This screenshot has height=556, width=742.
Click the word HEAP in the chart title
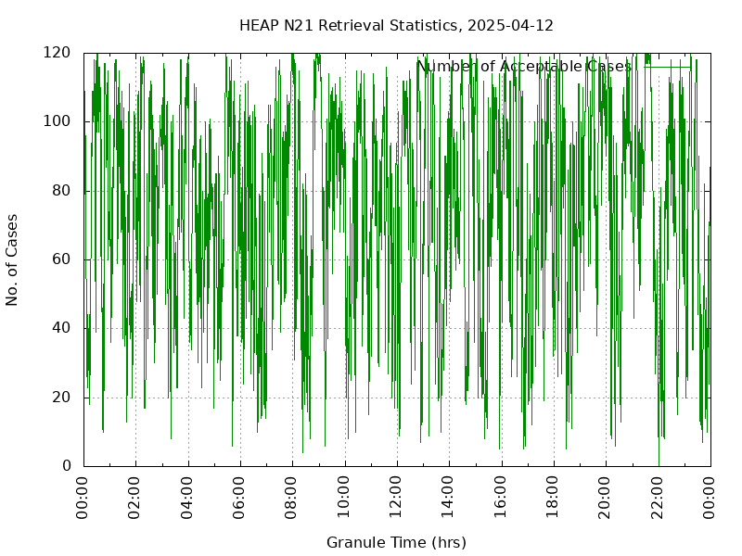[257, 25]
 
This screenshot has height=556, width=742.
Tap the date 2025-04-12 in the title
[510, 25]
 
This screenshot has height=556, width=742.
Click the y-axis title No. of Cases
[13, 259]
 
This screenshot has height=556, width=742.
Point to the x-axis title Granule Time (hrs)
[396, 542]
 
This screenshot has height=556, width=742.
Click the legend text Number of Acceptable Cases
[524, 67]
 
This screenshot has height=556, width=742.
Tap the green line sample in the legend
[668, 67]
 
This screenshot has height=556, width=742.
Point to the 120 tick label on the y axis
[58, 53]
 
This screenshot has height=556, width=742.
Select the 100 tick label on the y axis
[58, 121]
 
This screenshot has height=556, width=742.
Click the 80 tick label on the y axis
[62, 191]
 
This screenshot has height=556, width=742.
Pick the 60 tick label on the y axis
[62, 259]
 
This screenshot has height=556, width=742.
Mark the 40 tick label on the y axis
[62, 328]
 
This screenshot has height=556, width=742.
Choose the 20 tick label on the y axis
[62, 398]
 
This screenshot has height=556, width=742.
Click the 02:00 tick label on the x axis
[135, 498]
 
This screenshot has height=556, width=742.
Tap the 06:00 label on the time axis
[240, 498]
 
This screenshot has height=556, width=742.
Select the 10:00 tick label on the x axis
[345, 498]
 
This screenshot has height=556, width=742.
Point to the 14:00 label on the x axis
[450, 498]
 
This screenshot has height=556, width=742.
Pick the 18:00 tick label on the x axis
[554, 498]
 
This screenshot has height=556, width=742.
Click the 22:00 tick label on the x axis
[659, 498]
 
